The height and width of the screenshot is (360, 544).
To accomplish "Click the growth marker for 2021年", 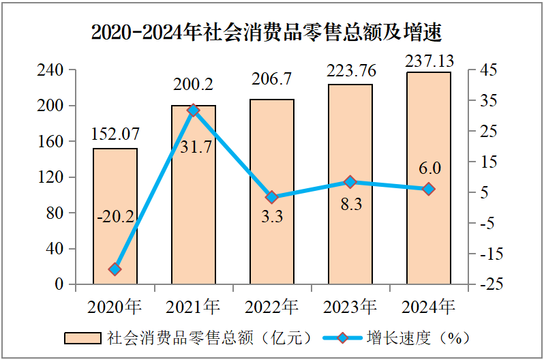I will tap(194, 110).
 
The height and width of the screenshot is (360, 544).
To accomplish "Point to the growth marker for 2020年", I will tap(115, 269).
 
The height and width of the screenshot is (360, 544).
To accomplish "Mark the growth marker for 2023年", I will tap(350, 182).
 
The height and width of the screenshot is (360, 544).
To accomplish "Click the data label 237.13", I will tap(429, 61).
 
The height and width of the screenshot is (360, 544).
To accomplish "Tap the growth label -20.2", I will tap(115, 218).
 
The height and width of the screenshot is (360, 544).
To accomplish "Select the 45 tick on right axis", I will tap(488, 70).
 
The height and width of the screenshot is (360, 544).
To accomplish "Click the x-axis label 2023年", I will tap(350, 306).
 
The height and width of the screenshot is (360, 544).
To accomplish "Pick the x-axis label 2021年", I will tap(194, 306).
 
